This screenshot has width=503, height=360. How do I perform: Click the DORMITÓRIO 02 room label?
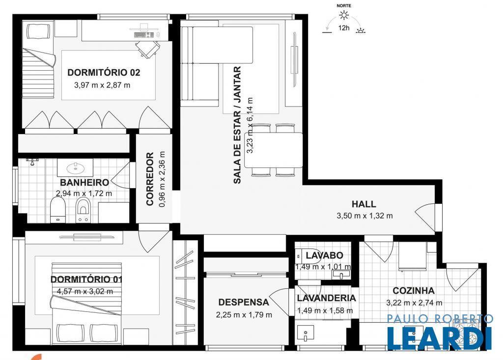tap(104, 73)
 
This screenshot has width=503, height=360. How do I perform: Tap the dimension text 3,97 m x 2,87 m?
tap(102, 85)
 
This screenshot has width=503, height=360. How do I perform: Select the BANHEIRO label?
tap(84, 183)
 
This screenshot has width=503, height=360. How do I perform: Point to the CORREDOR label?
tap(150, 179)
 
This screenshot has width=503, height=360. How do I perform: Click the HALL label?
tap(364, 204)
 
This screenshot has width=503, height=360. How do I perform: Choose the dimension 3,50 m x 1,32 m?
tap(365, 216)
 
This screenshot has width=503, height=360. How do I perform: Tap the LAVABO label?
tap(324, 255)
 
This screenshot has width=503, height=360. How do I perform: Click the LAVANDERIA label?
tap(326, 298)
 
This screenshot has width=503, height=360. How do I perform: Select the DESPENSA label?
tap(244, 302)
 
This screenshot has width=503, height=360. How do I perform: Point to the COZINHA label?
tap(414, 291)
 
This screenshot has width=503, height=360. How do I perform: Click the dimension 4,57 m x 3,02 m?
tap(85, 292)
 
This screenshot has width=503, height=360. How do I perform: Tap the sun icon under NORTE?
tap(344, 15)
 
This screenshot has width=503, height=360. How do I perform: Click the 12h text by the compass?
tap(344, 28)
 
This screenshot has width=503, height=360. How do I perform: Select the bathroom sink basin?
tap(75, 167)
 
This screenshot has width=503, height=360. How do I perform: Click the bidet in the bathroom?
tap(84, 210)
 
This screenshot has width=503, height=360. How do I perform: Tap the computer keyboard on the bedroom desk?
tap(144, 34)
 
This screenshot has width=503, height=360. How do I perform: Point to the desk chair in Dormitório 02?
tap(147, 49)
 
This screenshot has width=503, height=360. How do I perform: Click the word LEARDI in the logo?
tap(440, 338)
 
